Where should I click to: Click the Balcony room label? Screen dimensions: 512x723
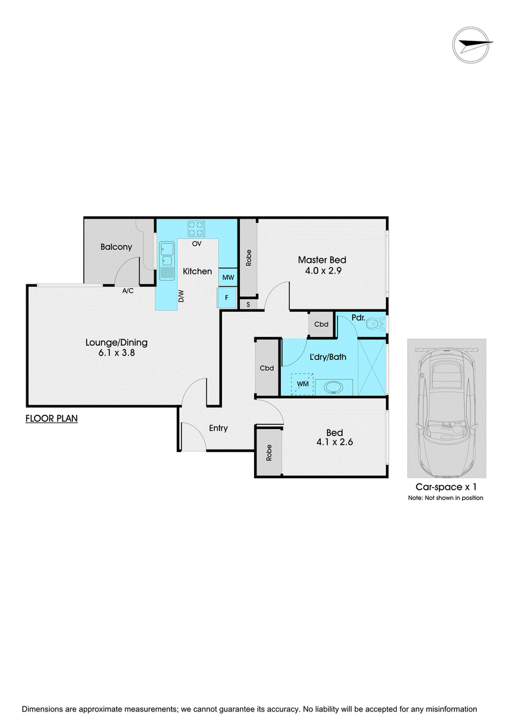click(x=116, y=247)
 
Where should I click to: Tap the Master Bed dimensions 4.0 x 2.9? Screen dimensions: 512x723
click(x=323, y=270)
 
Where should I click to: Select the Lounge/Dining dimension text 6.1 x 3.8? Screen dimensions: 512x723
click(x=116, y=353)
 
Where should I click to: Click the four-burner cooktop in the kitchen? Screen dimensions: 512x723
click(x=196, y=229)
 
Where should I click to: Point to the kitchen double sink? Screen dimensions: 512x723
click(x=166, y=261)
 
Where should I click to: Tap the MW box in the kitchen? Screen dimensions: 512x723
click(x=228, y=277)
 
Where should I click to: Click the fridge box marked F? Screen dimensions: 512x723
click(x=227, y=297)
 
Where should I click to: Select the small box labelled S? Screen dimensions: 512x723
click(x=248, y=304)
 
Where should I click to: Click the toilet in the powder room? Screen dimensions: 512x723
click(x=376, y=325)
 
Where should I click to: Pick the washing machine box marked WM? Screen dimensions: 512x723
click(x=303, y=384)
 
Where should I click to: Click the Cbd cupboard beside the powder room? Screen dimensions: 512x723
click(x=321, y=324)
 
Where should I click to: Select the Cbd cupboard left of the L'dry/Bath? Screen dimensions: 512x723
click(x=267, y=368)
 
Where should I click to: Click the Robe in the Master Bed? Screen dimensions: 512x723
click(x=249, y=258)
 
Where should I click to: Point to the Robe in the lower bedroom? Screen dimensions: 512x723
click(x=269, y=453)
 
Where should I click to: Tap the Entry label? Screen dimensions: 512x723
click(x=218, y=428)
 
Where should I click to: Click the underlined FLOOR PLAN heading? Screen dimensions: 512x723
click(x=51, y=419)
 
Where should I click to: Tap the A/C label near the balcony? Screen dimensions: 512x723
click(x=128, y=291)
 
